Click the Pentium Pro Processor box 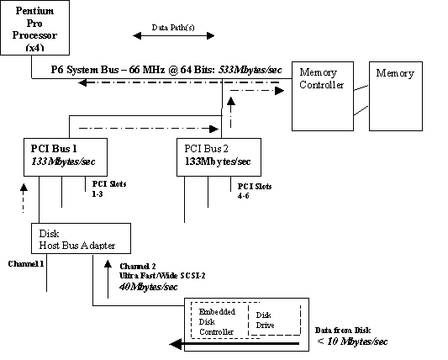(34, 28)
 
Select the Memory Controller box (322, 95)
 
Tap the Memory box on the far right (395, 95)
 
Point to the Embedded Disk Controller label (217, 322)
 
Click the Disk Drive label (265, 320)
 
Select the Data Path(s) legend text (174, 27)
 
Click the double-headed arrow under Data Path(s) (174, 36)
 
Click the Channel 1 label (26, 263)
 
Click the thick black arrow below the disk (235, 343)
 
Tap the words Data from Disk (348, 331)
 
